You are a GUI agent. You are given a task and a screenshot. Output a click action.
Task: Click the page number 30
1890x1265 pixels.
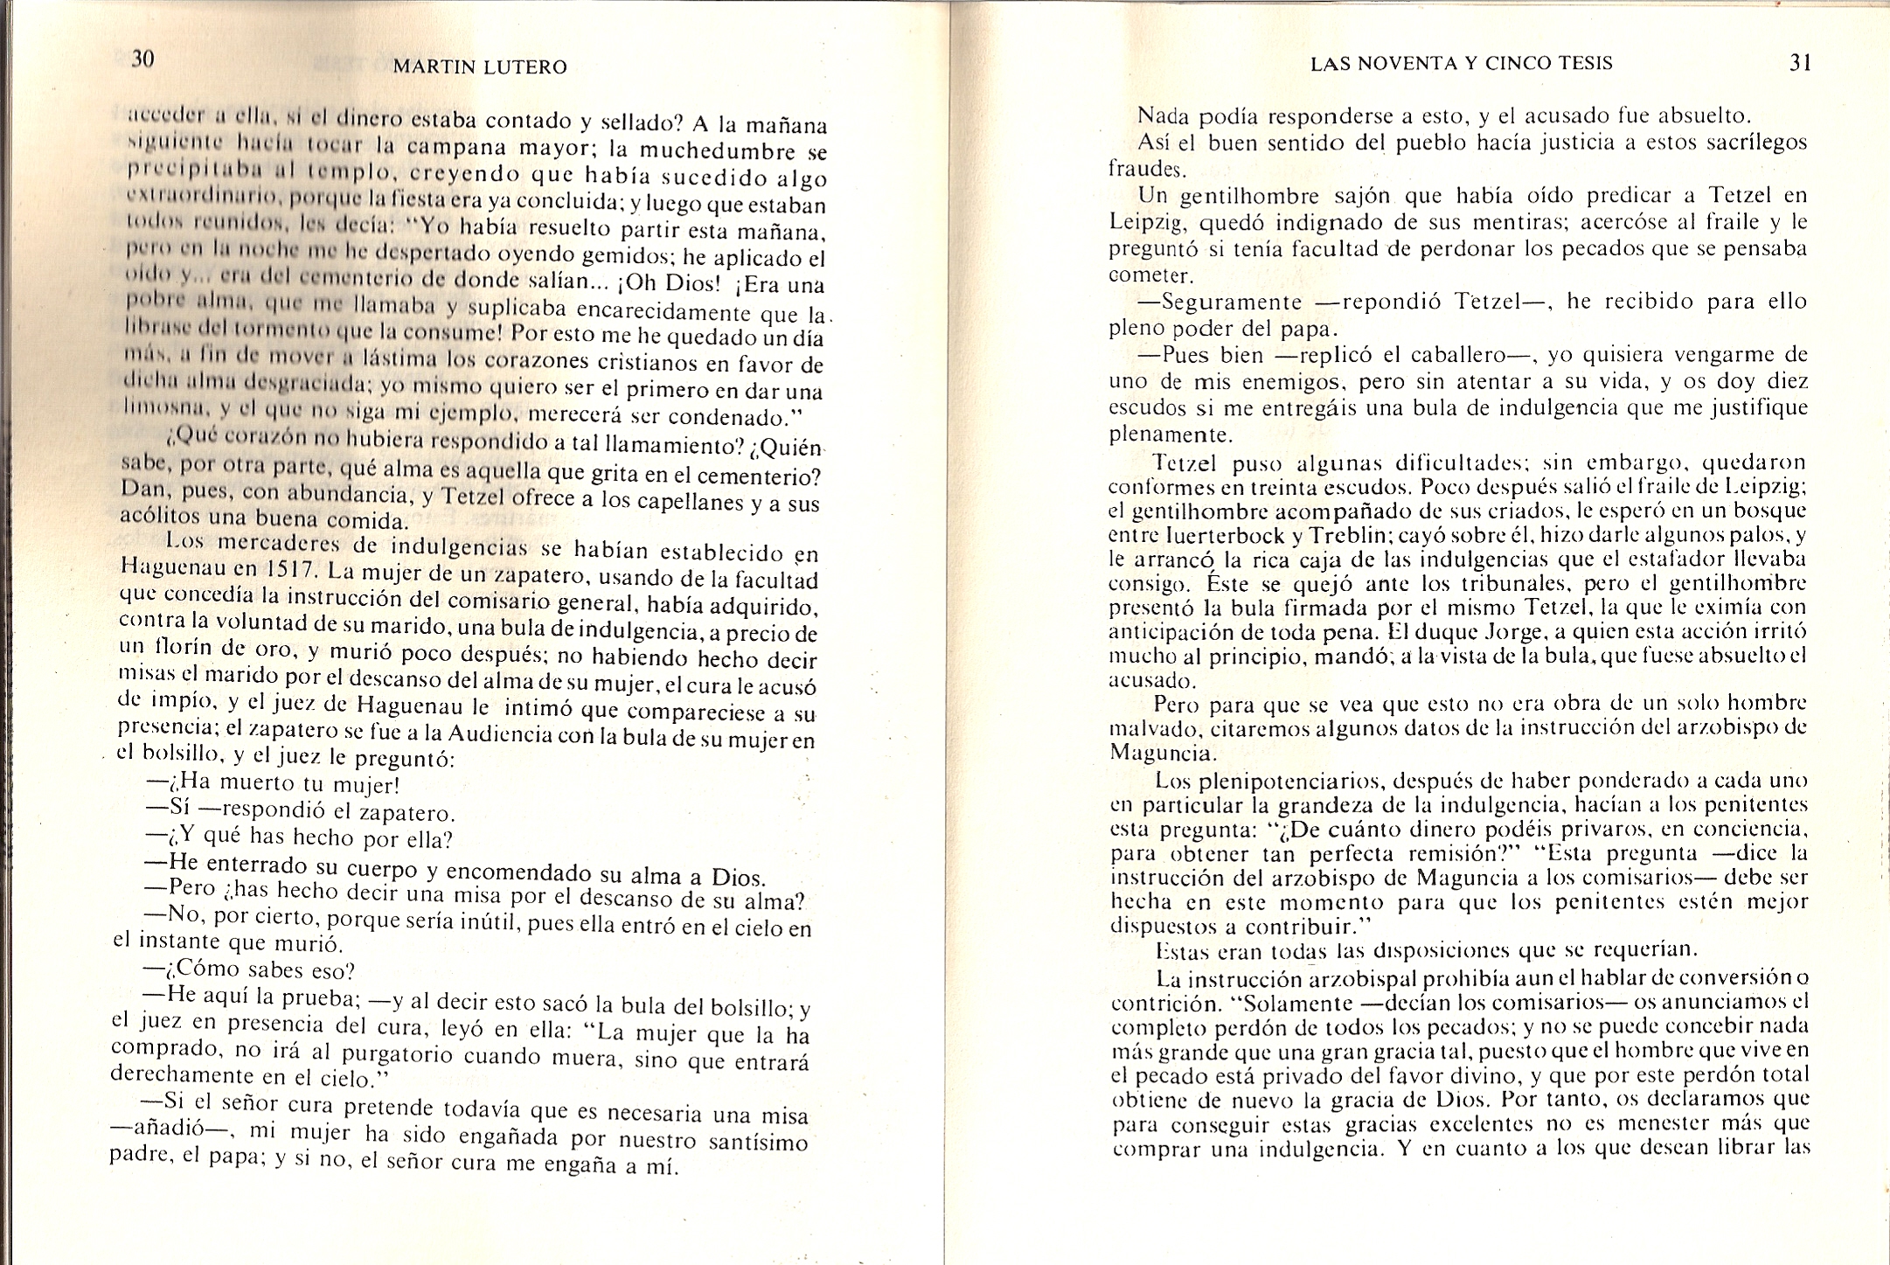pyautogui.click(x=142, y=59)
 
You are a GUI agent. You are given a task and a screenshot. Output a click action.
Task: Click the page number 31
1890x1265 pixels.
pyautogui.click(x=1800, y=63)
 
